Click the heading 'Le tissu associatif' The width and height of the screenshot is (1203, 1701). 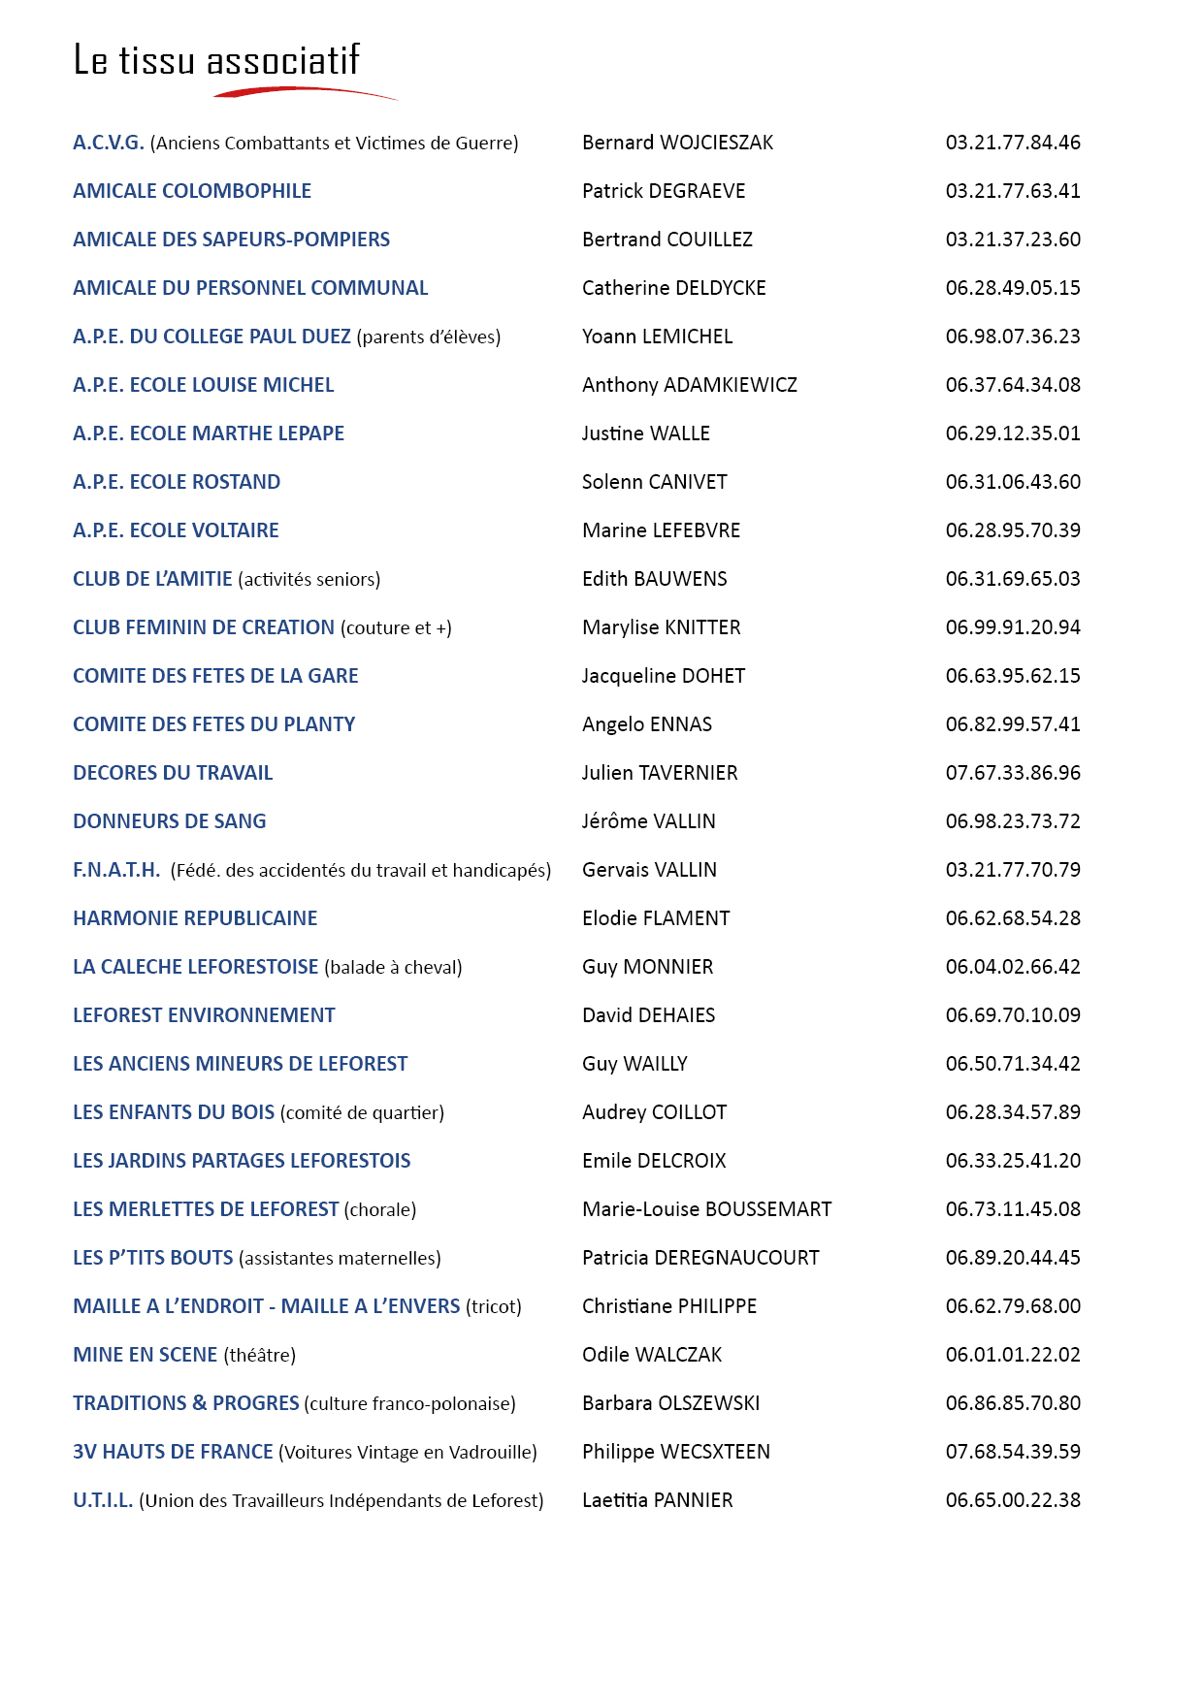tap(216, 60)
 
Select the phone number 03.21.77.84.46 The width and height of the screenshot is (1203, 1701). tap(1013, 143)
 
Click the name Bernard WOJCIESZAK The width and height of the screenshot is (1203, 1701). tap(677, 143)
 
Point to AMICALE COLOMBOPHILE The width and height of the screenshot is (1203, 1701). tap(192, 191)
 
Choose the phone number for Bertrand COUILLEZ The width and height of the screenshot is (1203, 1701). tap(1013, 240)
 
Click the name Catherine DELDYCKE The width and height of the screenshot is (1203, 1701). tap(673, 288)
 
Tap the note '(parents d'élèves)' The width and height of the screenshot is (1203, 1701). tap(429, 337)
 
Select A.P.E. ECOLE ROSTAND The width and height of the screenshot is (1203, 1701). tap(177, 482)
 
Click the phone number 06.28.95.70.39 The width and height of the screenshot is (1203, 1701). tap(1013, 530)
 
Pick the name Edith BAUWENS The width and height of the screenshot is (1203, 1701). tap(654, 579)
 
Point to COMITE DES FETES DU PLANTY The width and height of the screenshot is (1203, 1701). tap(213, 724)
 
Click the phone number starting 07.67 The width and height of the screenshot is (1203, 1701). tap(1013, 773)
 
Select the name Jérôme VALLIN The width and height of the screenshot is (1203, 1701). tap(648, 821)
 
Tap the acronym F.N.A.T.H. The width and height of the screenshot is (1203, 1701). tap(116, 870)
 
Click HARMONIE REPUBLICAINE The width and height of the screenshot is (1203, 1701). tap(195, 918)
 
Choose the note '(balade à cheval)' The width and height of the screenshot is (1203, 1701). tap(393, 968)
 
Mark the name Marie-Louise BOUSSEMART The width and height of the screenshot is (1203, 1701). tap(706, 1209)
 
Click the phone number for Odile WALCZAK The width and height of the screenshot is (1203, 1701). tap(1013, 1355)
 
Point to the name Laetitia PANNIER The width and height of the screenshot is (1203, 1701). tap(657, 1500)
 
